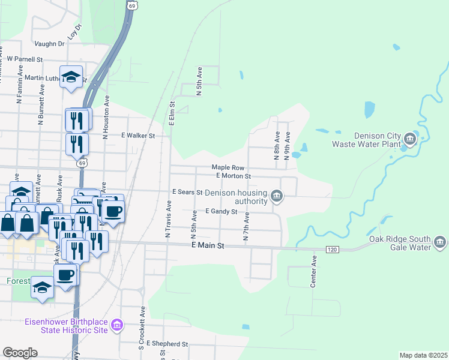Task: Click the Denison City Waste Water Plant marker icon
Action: (410, 140)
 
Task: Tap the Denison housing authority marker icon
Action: (277, 195)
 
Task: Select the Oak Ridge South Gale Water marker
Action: (440, 242)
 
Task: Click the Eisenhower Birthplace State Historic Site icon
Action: (117, 326)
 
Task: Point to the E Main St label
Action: (207, 246)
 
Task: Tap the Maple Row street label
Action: (228, 168)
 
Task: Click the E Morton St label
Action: (233, 176)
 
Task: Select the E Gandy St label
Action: (221, 211)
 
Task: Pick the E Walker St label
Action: (138, 136)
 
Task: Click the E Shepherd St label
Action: (167, 344)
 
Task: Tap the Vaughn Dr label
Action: (49, 44)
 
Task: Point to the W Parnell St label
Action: (25, 59)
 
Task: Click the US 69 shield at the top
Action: (131, 5)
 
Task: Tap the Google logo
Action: (20, 353)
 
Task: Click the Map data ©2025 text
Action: (423, 355)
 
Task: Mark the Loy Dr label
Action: (74, 32)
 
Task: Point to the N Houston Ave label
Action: (106, 118)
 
